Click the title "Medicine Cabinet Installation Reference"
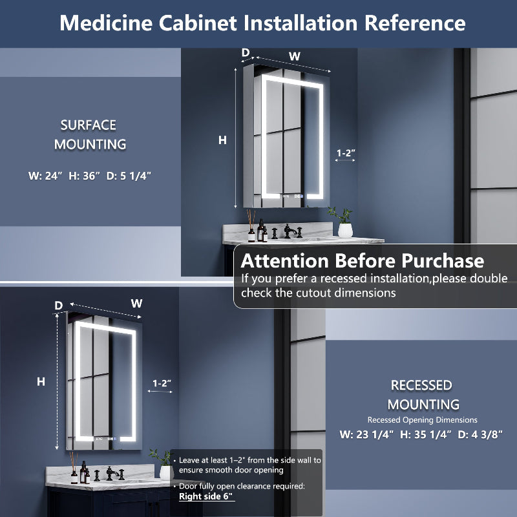tap(262, 23)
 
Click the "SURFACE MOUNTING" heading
tap(89, 134)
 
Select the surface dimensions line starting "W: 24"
tap(89, 175)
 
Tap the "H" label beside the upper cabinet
tap(223, 140)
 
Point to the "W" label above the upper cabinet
tap(295, 56)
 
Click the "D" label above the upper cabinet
tap(246, 52)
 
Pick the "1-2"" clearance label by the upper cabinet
tap(346, 153)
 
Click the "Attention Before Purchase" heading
tap(362, 261)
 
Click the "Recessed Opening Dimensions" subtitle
tap(423, 420)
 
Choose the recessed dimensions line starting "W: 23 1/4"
tap(421, 434)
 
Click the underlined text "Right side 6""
tap(207, 496)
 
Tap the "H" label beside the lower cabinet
tap(41, 382)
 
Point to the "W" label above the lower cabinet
tap(136, 302)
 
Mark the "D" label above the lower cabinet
tap(58, 305)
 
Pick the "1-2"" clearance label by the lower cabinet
tap(162, 383)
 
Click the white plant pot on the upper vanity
tap(346, 229)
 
